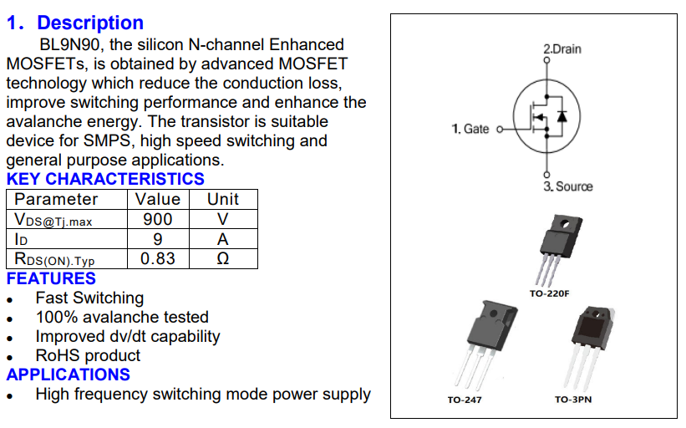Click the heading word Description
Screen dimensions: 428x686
point(90,23)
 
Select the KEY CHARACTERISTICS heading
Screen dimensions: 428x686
point(105,179)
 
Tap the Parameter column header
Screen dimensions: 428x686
point(56,199)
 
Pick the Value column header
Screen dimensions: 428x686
point(157,199)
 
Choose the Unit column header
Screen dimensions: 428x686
point(222,199)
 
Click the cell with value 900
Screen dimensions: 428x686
point(157,219)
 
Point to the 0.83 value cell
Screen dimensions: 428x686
point(157,258)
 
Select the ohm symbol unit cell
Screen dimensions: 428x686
point(222,259)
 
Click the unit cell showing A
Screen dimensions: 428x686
point(222,239)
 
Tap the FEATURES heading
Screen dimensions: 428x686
point(51,278)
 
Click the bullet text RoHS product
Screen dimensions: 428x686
point(88,355)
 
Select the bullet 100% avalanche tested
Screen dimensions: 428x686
point(122,317)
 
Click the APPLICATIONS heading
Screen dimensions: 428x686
point(69,374)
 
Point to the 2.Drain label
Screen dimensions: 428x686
point(562,49)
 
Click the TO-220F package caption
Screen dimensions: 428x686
point(549,293)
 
